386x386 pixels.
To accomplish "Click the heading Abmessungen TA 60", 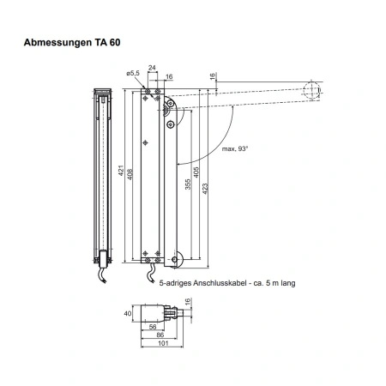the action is click(72, 42).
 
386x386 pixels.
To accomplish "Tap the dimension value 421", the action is click(121, 171).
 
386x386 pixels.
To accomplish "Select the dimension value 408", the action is click(130, 174).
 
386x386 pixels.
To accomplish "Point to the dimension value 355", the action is click(188, 184).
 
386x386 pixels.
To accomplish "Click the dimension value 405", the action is click(196, 172).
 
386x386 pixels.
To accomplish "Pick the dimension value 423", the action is click(205, 189).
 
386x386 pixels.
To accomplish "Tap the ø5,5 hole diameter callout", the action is click(133, 73).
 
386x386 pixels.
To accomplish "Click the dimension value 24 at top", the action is click(152, 68).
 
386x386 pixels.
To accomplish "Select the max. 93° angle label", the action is click(235, 148).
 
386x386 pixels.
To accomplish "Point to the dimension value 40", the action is click(128, 313).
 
